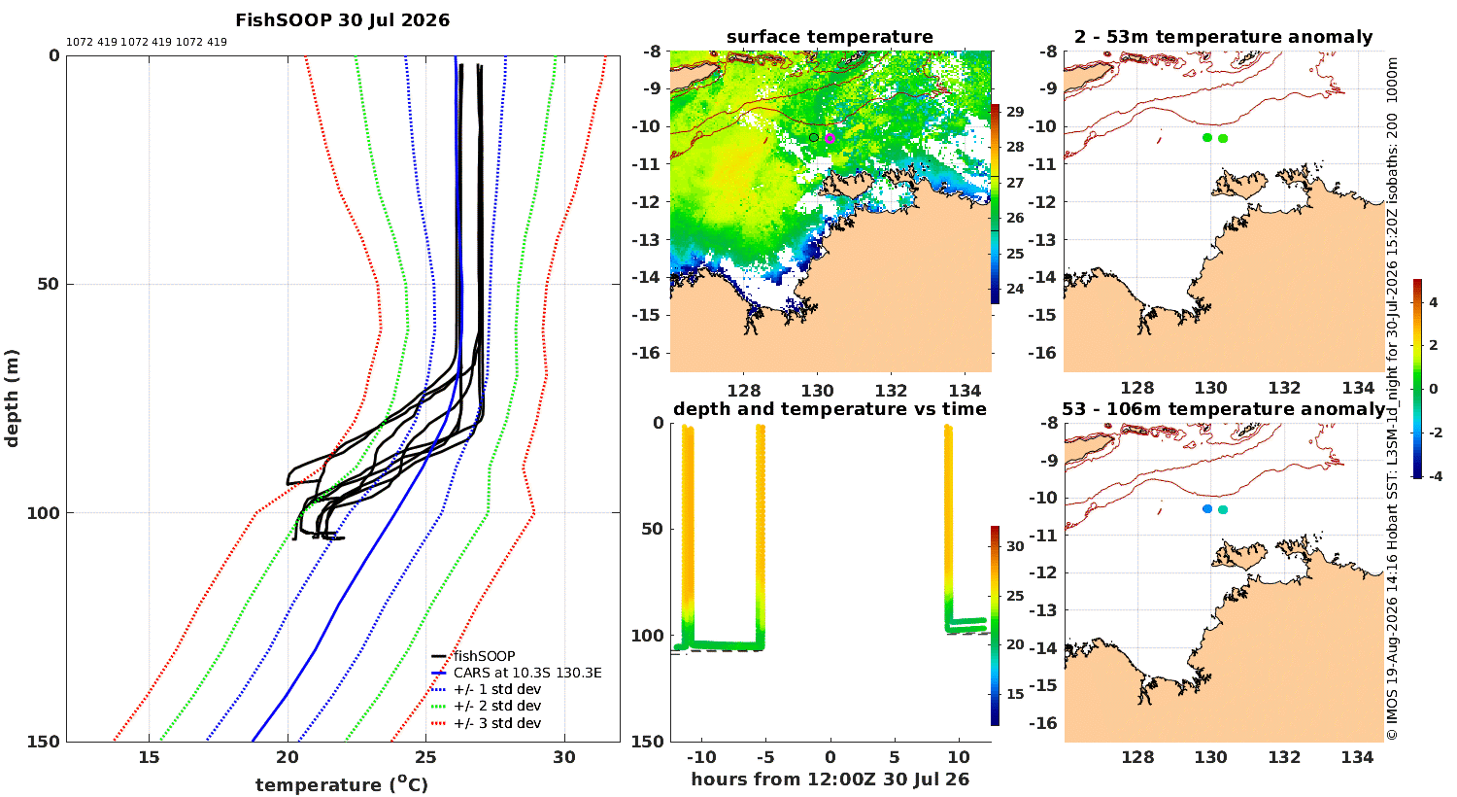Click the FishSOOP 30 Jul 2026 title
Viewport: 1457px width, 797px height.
[342, 20]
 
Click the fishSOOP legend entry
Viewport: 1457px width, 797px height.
[484, 656]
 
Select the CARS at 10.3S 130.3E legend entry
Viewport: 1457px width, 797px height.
[527, 673]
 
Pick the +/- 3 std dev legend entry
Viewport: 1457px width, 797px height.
[497, 723]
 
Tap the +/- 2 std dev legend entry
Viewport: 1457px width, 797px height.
[497, 706]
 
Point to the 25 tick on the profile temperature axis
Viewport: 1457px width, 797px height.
[426, 757]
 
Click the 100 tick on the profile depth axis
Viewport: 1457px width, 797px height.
[43, 513]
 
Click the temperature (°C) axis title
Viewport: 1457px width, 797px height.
[342, 784]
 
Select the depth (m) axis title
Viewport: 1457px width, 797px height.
[12, 398]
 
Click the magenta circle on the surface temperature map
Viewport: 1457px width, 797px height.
[830, 139]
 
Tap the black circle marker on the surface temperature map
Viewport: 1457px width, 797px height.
[814, 137]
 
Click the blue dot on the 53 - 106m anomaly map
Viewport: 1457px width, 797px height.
[1207, 508]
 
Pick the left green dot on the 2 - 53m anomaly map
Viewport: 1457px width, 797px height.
[1207, 137]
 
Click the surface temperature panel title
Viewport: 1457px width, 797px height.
[830, 37]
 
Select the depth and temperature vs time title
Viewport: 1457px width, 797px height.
[830, 408]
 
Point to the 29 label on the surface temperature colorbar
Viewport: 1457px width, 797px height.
[1015, 112]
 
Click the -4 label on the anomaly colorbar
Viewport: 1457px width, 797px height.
[1434, 476]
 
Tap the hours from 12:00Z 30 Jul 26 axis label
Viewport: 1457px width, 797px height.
[830, 779]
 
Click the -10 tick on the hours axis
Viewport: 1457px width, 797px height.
[701, 757]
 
